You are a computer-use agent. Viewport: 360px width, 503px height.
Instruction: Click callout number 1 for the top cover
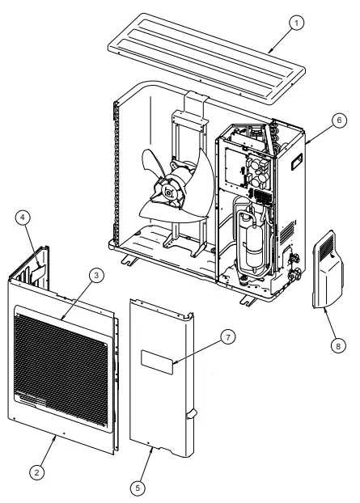click(x=299, y=23)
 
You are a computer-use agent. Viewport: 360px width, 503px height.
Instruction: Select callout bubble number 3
click(x=96, y=276)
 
